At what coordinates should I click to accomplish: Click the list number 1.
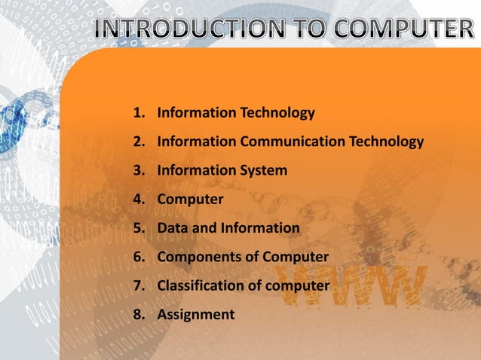[138, 114]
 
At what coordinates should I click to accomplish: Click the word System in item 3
[263, 171]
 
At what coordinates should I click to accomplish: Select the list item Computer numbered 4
[190, 200]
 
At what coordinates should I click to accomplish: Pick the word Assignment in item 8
[195, 314]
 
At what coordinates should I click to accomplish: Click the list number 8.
[138, 314]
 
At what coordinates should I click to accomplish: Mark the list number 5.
[138, 228]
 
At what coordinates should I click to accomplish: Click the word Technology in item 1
[277, 114]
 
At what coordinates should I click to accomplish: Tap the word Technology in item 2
[386, 142]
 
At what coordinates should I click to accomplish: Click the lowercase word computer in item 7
[301, 285]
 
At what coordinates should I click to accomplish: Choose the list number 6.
[138, 257]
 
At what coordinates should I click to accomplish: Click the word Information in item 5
[260, 228]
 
